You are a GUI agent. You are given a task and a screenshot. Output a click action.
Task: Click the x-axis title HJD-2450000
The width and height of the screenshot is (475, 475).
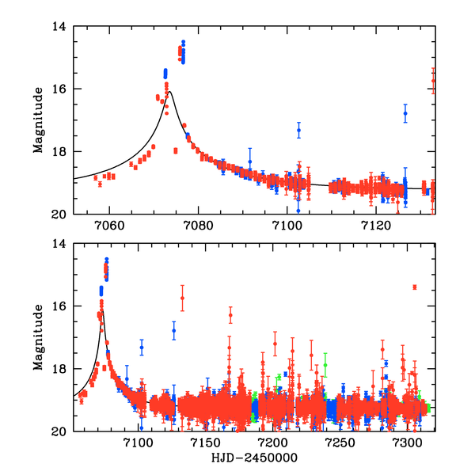[x=253, y=458]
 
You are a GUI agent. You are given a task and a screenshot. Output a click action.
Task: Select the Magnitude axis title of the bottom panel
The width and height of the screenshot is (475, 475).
[x=37, y=337]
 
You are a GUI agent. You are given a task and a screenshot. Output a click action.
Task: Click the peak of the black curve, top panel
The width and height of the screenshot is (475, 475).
[x=169, y=92]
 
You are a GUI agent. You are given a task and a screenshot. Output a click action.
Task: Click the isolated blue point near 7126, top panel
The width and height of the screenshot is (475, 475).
[x=405, y=113]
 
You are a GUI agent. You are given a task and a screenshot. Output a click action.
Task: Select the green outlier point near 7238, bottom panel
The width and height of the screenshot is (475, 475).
[x=325, y=365]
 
